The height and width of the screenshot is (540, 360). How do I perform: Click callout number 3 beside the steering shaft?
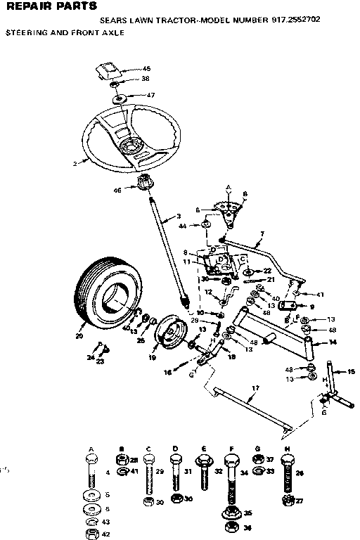click(x=179, y=216)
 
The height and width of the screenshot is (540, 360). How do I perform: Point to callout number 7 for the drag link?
click(x=262, y=233)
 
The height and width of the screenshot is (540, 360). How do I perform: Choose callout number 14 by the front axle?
click(x=333, y=342)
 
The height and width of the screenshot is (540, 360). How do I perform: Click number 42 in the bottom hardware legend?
click(x=106, y=534)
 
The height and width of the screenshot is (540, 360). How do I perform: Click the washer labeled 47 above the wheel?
click(x=150, y=95)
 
